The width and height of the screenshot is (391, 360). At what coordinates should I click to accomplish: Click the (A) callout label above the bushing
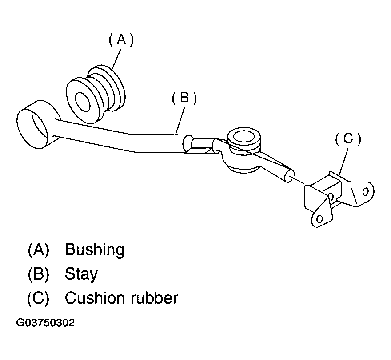coord(121,40)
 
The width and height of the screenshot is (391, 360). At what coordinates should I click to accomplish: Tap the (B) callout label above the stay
coord(184,98)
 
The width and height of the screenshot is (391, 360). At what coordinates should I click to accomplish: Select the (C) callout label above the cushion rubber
coord(347,139)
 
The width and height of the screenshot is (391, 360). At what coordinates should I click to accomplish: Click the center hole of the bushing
coord(83,102)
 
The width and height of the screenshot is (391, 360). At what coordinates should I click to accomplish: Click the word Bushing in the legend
coord(94,250)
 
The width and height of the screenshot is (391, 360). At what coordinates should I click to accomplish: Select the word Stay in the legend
coord(81,274)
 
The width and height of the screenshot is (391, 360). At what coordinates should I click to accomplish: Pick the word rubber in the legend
coord(154,298)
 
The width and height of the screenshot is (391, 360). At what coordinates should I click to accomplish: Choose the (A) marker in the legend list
coord(38,250)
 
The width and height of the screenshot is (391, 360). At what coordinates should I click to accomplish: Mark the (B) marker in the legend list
coord(38,274)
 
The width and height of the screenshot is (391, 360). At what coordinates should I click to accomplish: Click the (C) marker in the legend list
coord(38,298)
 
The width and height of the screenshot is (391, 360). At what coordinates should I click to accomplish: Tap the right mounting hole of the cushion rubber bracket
coord(365,191)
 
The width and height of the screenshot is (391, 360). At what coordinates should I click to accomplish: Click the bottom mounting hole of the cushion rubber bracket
coord(319,218)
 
